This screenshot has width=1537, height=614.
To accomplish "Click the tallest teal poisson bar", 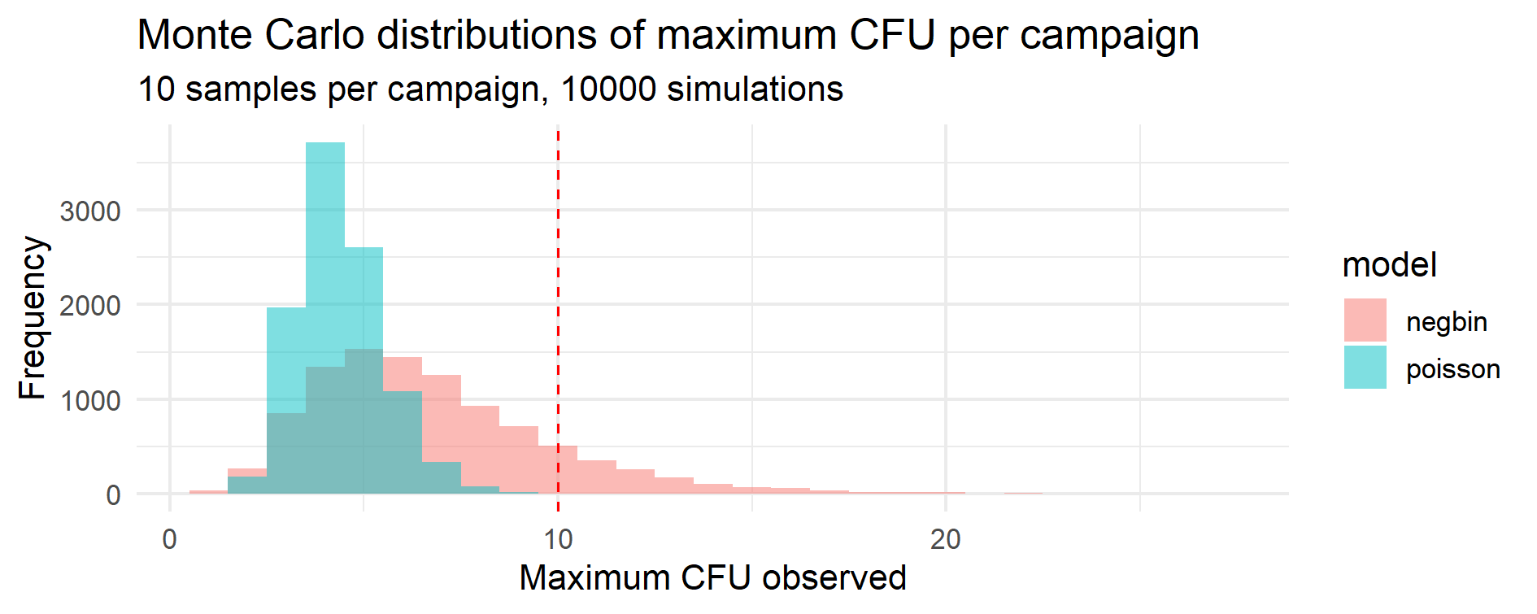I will tap(325, 244).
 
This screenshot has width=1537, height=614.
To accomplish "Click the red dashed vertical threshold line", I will tap(558, 244).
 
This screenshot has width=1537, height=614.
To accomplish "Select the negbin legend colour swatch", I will tap(1365, 320).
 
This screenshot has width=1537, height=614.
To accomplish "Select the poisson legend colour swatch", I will tap(1365, 368).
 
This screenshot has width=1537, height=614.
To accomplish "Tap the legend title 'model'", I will tap(1389, 265).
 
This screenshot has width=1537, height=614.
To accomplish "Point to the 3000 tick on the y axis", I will tap(90, 211).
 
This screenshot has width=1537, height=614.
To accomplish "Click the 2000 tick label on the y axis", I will tap(90, 306).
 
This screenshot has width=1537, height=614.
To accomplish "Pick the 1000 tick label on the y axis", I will tap(90, 401).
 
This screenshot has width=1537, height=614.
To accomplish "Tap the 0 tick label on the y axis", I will tap(113, 495).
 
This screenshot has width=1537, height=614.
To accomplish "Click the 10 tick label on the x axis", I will tap(558, 539).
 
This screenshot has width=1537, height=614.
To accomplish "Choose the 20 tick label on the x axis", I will tap(945, 539).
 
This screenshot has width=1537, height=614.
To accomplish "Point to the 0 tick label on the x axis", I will tap(169, 539).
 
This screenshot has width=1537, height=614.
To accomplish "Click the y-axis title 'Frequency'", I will tap(33, 317).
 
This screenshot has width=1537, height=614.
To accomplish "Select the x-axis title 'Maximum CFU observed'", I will tap(712, 578).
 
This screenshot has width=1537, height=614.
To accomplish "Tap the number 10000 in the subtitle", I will tap(608, 89).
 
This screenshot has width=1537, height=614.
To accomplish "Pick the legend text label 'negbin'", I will tap(1446, 322).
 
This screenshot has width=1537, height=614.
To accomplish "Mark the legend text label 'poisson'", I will tap(1452, 369).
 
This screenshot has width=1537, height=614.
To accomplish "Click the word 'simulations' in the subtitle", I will tap(755, 89).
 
